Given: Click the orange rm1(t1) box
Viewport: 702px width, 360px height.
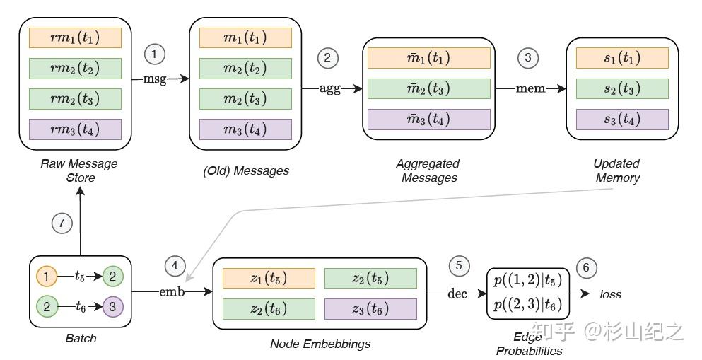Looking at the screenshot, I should click(x=76, y=37).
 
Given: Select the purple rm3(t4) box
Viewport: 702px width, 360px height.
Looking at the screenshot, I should click(x=76, y=129).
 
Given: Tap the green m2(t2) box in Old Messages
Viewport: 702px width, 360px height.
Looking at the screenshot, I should click(x=245, y=69).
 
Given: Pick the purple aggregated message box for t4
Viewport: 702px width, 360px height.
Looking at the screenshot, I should click(x=428, y=119).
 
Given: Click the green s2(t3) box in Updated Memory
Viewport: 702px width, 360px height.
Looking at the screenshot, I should click(x=622, y=88).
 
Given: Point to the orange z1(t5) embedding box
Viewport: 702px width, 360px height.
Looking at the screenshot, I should click(x=259, y=278).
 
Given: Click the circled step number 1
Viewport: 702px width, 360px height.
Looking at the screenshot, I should click(x=154, y=54).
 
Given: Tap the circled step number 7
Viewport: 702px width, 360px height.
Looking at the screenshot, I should click(x=62, y=222).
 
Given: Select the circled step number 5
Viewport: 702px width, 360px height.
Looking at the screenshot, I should click(x=459, y=265).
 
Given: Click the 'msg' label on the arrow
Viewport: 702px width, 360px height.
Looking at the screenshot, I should click(x=155, y=79).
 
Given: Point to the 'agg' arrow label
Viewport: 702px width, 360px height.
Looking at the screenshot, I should click(x=329, y=88).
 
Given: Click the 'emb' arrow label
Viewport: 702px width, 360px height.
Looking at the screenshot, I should click(x=171, y=291).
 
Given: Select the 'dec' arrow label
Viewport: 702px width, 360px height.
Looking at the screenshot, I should click(x=457, y=294).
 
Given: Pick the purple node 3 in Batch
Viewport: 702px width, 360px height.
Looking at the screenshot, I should click(x=112, y=307).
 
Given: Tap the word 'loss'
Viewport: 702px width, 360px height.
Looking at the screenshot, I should click(x=611, y=294).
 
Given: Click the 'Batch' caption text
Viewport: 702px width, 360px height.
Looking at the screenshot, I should click(x=81, y=338).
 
